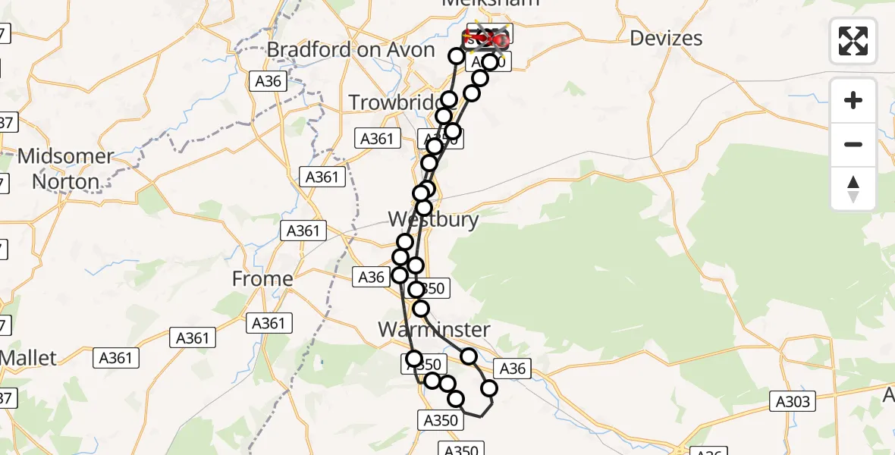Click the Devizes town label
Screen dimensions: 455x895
(x=666, y=38)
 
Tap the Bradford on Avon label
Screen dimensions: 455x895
(x=350, y=50)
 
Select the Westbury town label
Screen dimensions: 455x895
(x=433, y=220)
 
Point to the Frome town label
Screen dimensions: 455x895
(x=262, y=279)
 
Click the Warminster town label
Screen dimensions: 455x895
(x=434, y=330)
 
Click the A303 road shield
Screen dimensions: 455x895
(x=793, y=401)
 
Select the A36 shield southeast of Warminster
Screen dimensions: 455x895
(x=511, y=369)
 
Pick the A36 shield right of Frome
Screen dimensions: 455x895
(x=371, y=278)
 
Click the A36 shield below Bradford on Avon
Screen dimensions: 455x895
(x=270, y=81)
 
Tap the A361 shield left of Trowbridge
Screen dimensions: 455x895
(x=376, y=138)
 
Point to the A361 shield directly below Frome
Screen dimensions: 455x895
(x=269, y=324)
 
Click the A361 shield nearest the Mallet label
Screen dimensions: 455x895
(x=116, y=358)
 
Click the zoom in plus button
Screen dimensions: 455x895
(x=853, y=100)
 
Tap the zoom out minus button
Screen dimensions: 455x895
(x=853, y=144)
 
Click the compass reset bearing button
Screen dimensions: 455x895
(x=853, y=189)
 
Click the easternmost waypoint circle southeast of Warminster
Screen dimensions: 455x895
(x=489, y=389)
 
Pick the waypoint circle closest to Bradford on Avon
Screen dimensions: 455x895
(x=457, y=56)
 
